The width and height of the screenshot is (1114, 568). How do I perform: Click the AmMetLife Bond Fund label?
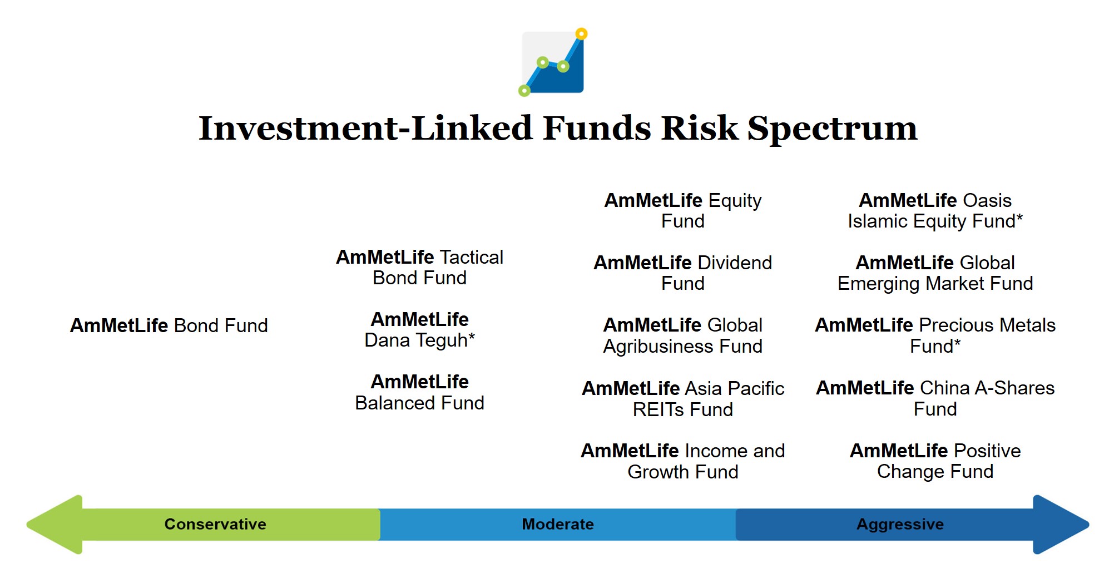click(x=169, y=325)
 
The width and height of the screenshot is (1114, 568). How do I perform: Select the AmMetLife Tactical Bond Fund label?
click(x=420, y=268)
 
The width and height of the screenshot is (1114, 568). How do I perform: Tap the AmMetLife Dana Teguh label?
click(x=420, y=329)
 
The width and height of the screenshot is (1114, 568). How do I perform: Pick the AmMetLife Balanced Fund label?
click(x=420, y=392)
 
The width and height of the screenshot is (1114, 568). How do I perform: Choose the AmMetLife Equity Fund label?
click(x=683, y=211)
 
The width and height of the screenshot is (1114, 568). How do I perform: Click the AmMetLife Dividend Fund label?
click(x=683, y=273)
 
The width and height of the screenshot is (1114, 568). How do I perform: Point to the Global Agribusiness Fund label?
click(x=683, y=335)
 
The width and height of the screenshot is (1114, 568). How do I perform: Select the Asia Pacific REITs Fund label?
click(x=683, y=398)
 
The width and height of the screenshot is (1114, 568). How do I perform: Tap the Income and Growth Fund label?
click(x=683, y=461)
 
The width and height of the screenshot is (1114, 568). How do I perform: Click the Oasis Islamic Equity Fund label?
click(x=935, y=211)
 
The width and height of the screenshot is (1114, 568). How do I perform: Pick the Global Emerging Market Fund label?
click(x=935, y=273)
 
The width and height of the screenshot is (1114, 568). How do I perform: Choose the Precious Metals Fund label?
click(x=935, y=335)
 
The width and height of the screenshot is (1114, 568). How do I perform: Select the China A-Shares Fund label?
click(x=935, y=398)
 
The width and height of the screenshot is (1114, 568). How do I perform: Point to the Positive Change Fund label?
click(x=935, y=461)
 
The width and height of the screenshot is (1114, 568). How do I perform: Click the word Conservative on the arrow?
click(x=215, y=524)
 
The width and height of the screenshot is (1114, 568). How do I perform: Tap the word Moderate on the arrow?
click(x=558, y=524)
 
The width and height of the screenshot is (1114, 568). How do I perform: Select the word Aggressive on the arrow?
click(x=900, y=525)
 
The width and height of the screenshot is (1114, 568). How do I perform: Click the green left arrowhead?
click(x=56, y=525)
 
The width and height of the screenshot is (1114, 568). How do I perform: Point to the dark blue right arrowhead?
click(x=1060, y=525)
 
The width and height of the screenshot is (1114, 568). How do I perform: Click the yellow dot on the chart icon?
click(x=581, y=34)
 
